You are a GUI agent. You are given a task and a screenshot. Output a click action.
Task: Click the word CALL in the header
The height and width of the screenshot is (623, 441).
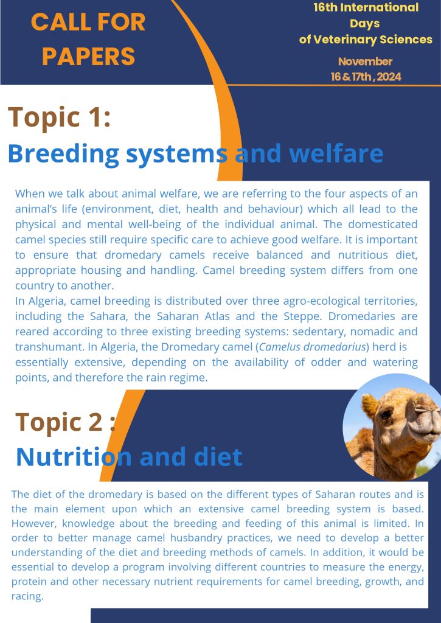click(x=57, y=22)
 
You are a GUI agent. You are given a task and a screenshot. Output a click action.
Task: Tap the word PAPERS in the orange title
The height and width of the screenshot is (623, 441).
click(x=88, y=56)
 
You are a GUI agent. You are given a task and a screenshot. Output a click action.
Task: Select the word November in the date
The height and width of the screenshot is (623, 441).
click(x=365, y=61)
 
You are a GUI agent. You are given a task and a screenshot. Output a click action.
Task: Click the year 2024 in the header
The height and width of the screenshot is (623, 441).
click(x=389, y=77)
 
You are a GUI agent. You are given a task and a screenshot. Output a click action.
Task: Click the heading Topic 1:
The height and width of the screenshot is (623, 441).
click(x=59, y=117)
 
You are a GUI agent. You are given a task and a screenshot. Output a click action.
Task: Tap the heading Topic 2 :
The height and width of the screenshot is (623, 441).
click(x=66, y=422)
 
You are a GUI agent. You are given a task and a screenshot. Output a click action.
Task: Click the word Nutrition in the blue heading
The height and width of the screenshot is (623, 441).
click(x=74, y=457)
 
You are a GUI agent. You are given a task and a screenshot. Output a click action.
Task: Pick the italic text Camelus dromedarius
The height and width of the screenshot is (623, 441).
click(x=312, y=347)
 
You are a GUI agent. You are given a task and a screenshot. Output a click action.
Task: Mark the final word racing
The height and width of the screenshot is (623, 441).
click(x=27, y=596)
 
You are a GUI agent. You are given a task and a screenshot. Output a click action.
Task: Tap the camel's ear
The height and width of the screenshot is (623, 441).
click(x=369, y=406)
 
